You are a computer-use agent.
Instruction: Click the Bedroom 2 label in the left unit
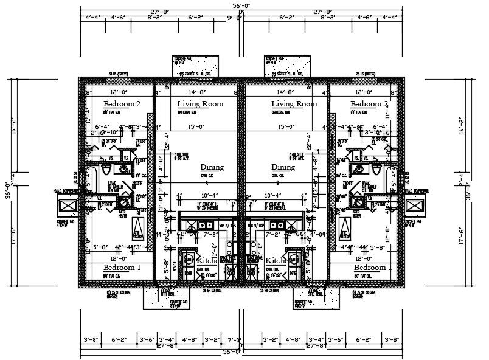[x=122, y=104]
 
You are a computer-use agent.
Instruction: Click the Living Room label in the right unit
[x=294, y=104]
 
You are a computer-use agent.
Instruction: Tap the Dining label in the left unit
[x=212, y=167]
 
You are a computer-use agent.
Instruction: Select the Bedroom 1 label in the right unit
[x=372, y=268]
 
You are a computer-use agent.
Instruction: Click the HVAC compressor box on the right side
[x=415, y=206]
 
